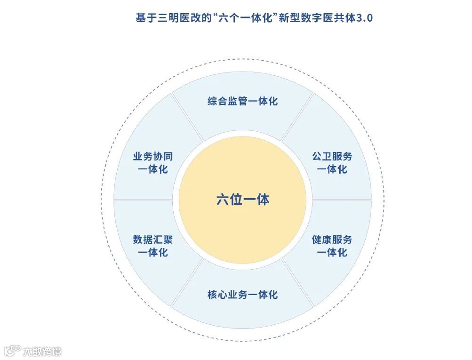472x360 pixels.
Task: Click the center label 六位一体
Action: click(242, 200)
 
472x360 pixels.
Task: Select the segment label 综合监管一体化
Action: click(242, 101)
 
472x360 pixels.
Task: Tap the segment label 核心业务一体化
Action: click(242, 295)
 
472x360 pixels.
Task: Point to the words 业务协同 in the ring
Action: click(153, 157)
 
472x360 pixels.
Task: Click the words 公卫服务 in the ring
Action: click(332, 157)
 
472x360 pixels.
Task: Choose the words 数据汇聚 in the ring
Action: click(153, 240)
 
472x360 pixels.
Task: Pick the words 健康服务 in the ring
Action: click(332, 240)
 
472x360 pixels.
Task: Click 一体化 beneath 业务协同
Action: click(153, 169)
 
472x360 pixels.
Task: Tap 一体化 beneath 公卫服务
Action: click(332, 169)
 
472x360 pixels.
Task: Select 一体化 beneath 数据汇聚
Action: click(153, 253)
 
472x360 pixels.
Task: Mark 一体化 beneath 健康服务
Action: click(332, 253)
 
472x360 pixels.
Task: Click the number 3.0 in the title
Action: click(364, 18)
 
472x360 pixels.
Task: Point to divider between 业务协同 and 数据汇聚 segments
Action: click(146, 200)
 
